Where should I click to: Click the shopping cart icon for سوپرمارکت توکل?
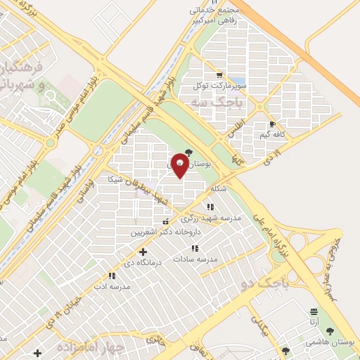click(220, 75)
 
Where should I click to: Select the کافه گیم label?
click(270, 134)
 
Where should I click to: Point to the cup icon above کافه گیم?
click(271, 124)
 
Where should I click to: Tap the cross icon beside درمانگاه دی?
click(143, 252)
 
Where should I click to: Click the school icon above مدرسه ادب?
click(111, 276)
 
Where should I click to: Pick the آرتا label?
click(313, 321)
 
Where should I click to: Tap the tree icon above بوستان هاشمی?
click(330, 331)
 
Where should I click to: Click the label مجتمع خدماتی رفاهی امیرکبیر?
click(205, 16)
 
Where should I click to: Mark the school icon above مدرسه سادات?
click(195, 248)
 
